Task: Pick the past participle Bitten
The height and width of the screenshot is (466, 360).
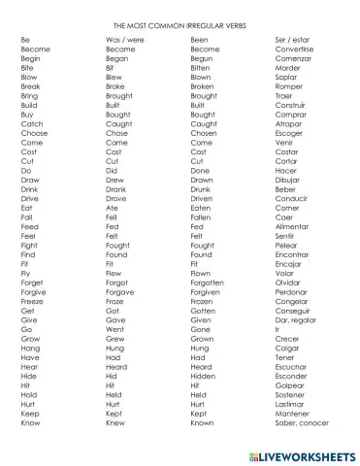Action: pos(201,68)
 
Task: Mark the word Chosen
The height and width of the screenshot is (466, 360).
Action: pos(204,133)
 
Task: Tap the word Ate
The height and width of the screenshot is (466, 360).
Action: pos(112,208)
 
